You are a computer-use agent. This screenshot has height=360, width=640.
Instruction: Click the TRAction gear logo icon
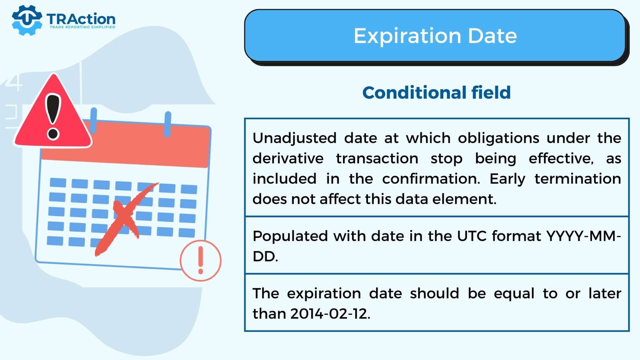[x=27, y=20]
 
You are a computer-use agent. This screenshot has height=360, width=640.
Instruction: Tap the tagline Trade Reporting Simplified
[x=82, y=27]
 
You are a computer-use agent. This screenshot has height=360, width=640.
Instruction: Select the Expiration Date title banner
[x=435, y=36]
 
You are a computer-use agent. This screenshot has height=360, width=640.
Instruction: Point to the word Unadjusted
[x=294, y=138]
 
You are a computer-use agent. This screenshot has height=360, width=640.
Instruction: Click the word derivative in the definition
[x=288, y=158]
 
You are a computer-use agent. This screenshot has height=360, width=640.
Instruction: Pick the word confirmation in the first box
[x=431, y=179]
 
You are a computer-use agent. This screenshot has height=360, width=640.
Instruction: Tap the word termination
[x=578, y=179]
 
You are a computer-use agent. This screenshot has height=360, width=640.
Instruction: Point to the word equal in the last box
[x=514, y=293]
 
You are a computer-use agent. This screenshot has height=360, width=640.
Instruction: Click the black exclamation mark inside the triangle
[x=53, y=117]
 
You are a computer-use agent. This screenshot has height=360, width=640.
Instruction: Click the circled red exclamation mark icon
[x=201, y=260]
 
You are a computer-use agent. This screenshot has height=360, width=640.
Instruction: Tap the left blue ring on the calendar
[x=94, y=120]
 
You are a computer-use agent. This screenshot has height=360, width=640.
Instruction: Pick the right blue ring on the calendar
[x=168, y=124]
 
